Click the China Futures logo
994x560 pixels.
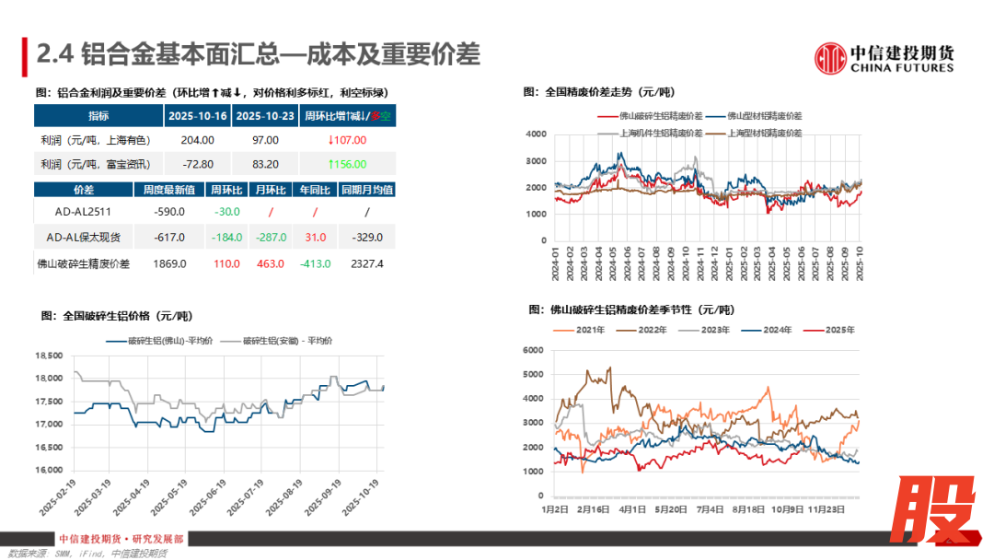[x=884, y=58]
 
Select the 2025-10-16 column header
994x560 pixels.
[x=197, y=116]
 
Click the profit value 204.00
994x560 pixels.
[x=197, y=140]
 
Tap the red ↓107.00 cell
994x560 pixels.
[x=347, y=140]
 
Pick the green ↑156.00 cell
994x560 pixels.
[x=347, y=164]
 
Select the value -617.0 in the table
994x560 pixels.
[x=171, y=238]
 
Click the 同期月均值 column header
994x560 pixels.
[x=366, y=189]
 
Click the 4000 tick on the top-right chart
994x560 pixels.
[x=537, y=134]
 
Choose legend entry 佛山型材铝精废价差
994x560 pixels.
[x=764, y=116]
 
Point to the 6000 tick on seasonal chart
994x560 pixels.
[x=536, y=351]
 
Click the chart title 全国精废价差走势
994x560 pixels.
[x=598, y=92]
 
